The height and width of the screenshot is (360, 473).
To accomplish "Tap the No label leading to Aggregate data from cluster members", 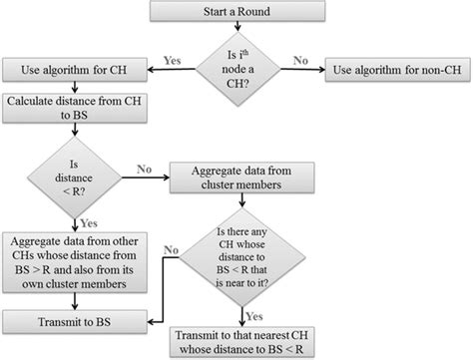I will pos(143,170).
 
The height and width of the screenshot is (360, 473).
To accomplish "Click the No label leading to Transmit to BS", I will pos(171,249).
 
